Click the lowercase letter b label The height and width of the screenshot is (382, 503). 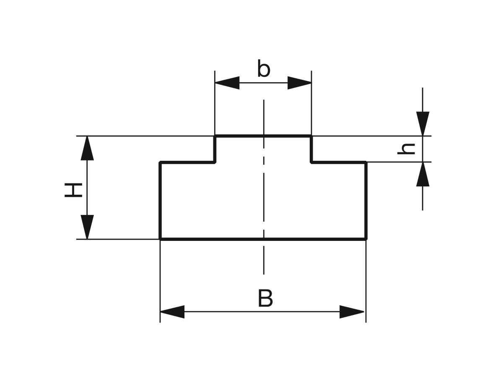(x=264, y=68)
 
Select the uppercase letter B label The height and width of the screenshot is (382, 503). (x=265, y=298)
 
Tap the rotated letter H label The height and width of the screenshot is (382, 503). (x=73, y=190)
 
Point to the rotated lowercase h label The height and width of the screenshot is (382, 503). (x=406, y=149)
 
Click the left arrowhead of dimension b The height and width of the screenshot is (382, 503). (x=227, y=83)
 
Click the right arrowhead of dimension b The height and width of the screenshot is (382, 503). (x=299, y=83)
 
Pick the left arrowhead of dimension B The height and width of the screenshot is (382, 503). (x=172, y=312)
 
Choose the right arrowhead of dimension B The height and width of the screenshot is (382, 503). (x=352, y=312)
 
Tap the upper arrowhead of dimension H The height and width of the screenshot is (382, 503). (x=87, y=148)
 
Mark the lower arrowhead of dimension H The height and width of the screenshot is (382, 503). (x=87, y=227)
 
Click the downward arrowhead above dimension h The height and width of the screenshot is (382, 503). (x=423, y=124)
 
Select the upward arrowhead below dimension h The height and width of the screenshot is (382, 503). (x=423, y=174)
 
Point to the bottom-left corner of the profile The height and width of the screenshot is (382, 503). (x=160, y=239)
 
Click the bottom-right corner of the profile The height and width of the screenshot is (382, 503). (x=366, y=239)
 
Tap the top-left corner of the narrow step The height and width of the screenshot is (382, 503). (x=215, y=136)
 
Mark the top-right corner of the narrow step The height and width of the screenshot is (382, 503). (x=311, y=136)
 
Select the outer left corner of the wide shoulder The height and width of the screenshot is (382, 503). (x=160, y=163)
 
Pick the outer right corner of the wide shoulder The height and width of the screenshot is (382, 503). (x=366, y=163)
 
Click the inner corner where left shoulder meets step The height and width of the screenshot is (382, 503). (x=215, y=163)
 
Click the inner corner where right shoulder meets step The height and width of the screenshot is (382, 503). (x=311, y=163)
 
